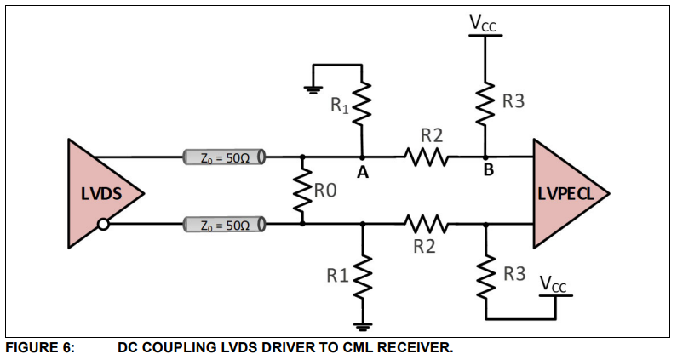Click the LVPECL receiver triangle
tap(566, 193)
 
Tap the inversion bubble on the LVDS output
tap(102, 225)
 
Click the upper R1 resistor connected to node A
tap(363, 104)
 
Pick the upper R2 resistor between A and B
tap(424, 157)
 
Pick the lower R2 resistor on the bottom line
tap(424, 225)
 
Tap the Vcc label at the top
tap(484, 23)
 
